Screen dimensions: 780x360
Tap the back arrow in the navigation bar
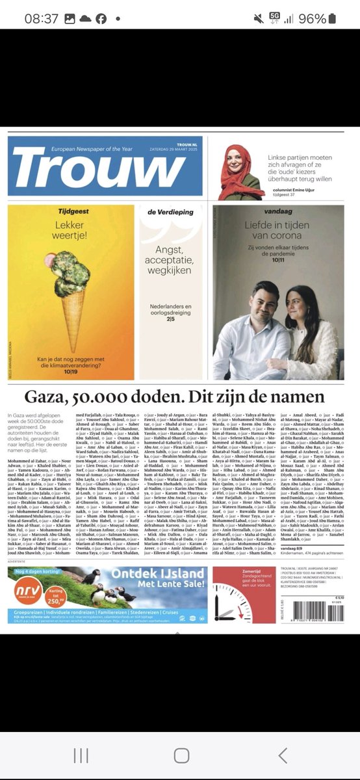(x=283, y=755)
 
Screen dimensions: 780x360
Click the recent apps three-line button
(x=81, y=755)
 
